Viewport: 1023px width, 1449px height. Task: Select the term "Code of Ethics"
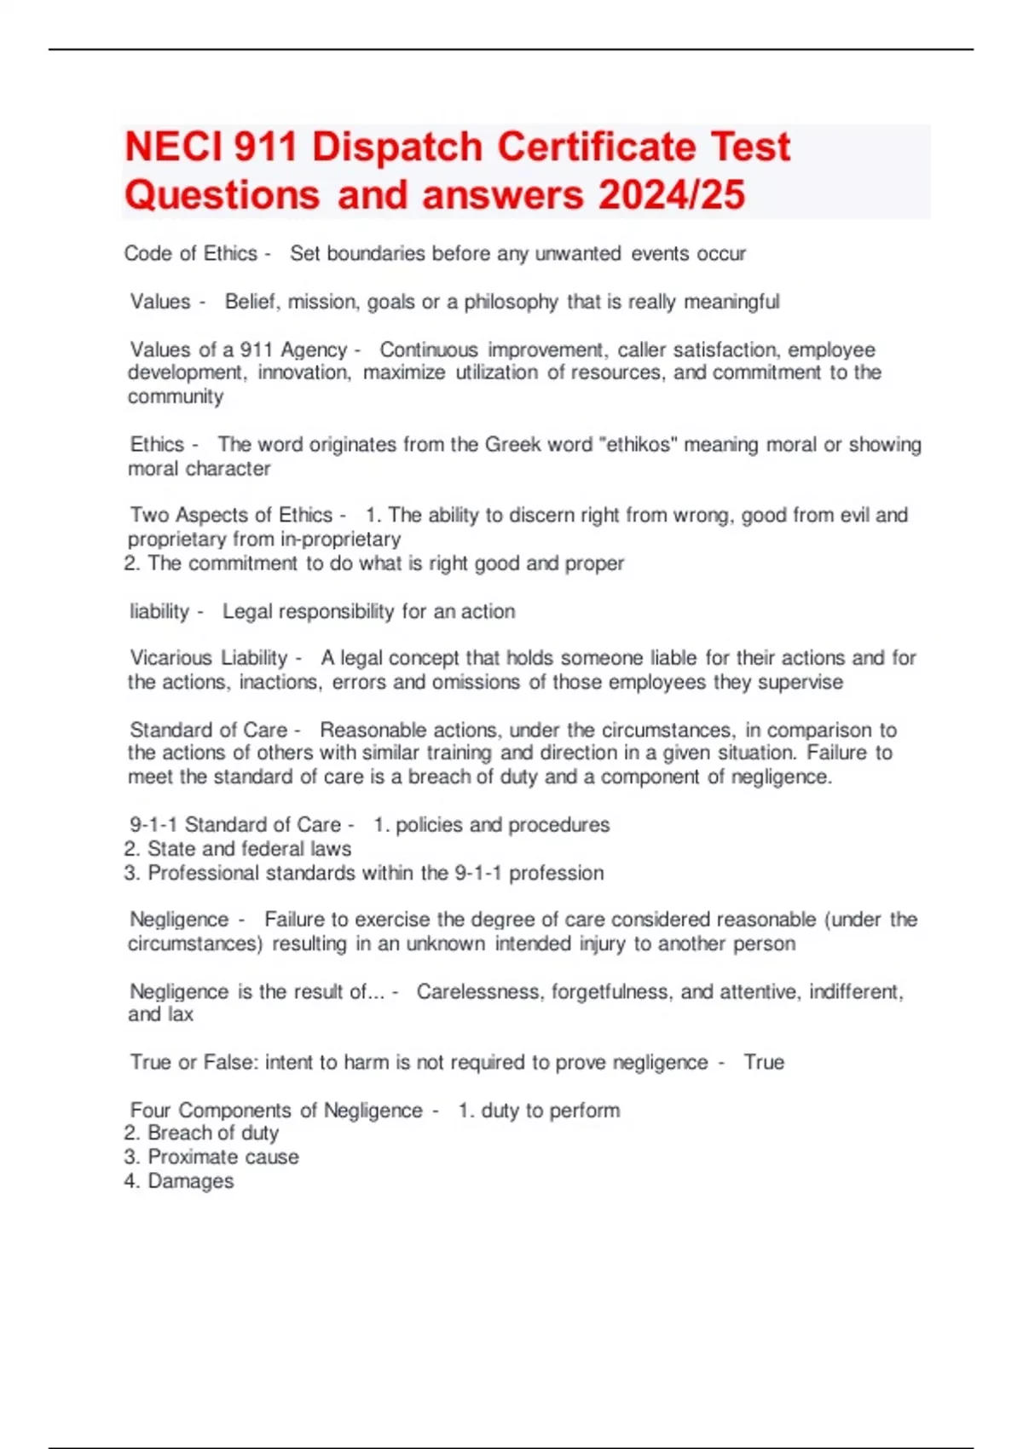tap(190, 253)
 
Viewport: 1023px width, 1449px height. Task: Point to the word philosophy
tap(510, 302)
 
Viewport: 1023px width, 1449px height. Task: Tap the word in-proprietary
tap(340, 539)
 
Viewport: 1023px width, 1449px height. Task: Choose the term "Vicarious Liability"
tap(209, 658)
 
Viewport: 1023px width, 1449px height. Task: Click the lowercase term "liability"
tap(159, 611)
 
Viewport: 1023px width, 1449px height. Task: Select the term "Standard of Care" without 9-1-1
tap(209, 730)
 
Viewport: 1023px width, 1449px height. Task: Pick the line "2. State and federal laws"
tap(238, 849)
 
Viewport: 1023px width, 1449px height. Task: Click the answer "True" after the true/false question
tap(763, 1062)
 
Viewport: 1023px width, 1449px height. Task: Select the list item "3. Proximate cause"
tap(211, 1157)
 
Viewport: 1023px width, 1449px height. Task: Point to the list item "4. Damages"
tap(179, 1181)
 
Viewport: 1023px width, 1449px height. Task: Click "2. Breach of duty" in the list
tap(201, 1133)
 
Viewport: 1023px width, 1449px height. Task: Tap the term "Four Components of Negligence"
tap(276, 1110)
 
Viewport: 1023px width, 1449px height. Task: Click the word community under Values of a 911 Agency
tap(176, 396)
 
